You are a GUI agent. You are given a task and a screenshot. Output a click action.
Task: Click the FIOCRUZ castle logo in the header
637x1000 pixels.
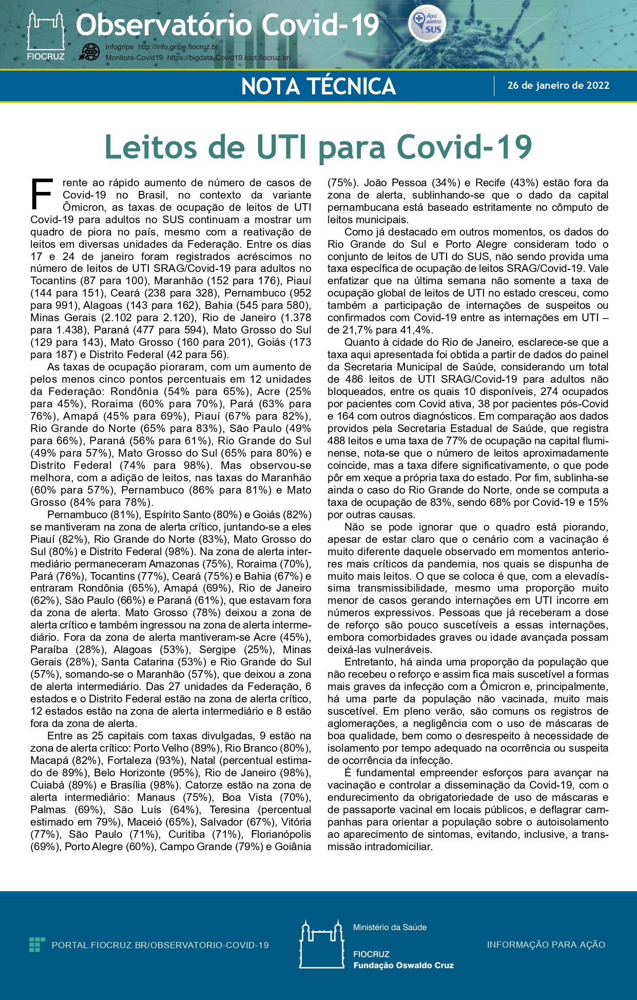(x=46, y=34)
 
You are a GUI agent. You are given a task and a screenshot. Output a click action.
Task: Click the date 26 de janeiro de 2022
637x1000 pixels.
(x=558, y=86)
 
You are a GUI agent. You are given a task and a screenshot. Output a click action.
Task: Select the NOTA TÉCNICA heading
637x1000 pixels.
(x=318, y=86)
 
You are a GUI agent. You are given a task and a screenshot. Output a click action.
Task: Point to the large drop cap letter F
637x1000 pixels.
(x=42, y=195)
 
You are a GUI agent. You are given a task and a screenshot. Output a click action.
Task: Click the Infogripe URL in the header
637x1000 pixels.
(x=178, y=47)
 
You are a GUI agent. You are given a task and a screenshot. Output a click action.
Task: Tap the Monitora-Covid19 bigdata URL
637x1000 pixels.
(x=228, y=58)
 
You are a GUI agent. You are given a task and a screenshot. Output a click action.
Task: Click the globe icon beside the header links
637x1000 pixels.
(x=90, y=52)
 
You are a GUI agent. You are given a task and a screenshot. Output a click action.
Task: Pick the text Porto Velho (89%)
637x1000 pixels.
(x=177, y=748)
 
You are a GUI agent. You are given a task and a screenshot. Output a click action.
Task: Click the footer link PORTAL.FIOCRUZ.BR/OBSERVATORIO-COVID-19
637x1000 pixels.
(x=160, y=945)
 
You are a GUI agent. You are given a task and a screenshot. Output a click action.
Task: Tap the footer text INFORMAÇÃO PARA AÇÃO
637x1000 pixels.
(x=546, y=945)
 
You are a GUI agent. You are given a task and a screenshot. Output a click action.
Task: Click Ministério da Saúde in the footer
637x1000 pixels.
(x=390, y=927)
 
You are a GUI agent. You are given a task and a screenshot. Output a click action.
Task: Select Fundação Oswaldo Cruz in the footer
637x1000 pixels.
(x=403, y=965)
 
